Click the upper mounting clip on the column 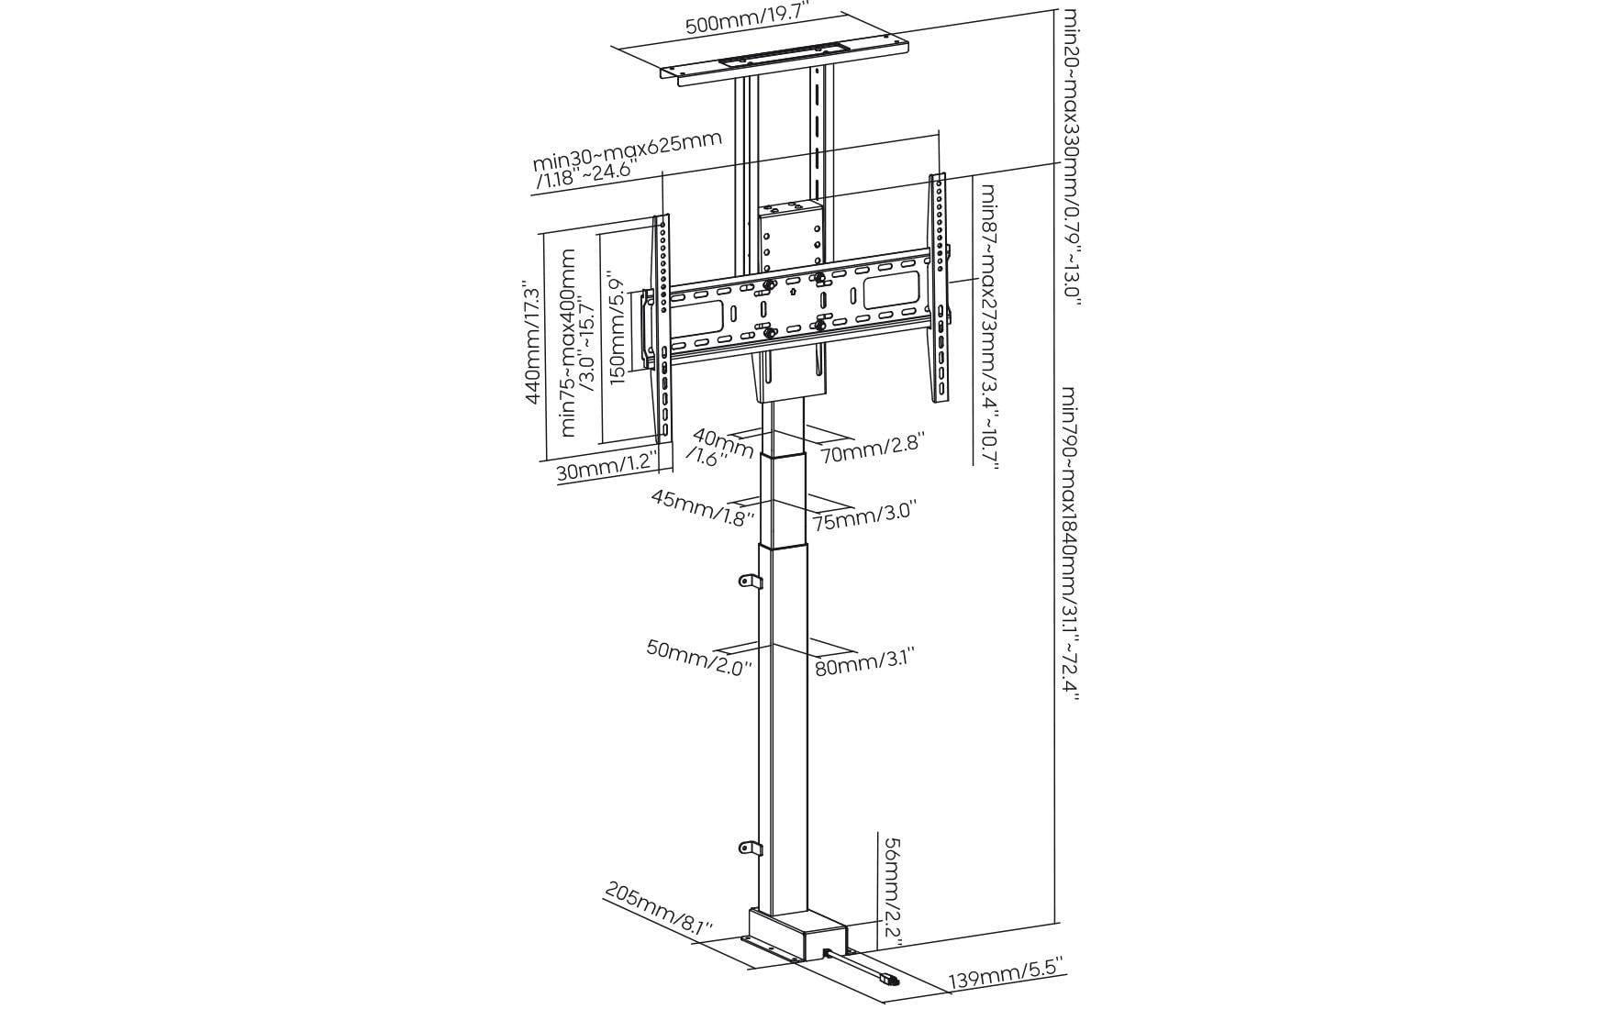pos(751,582)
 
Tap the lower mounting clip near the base pos(751,848)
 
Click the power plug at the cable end pos(888,980)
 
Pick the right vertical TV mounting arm pos(940,289)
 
